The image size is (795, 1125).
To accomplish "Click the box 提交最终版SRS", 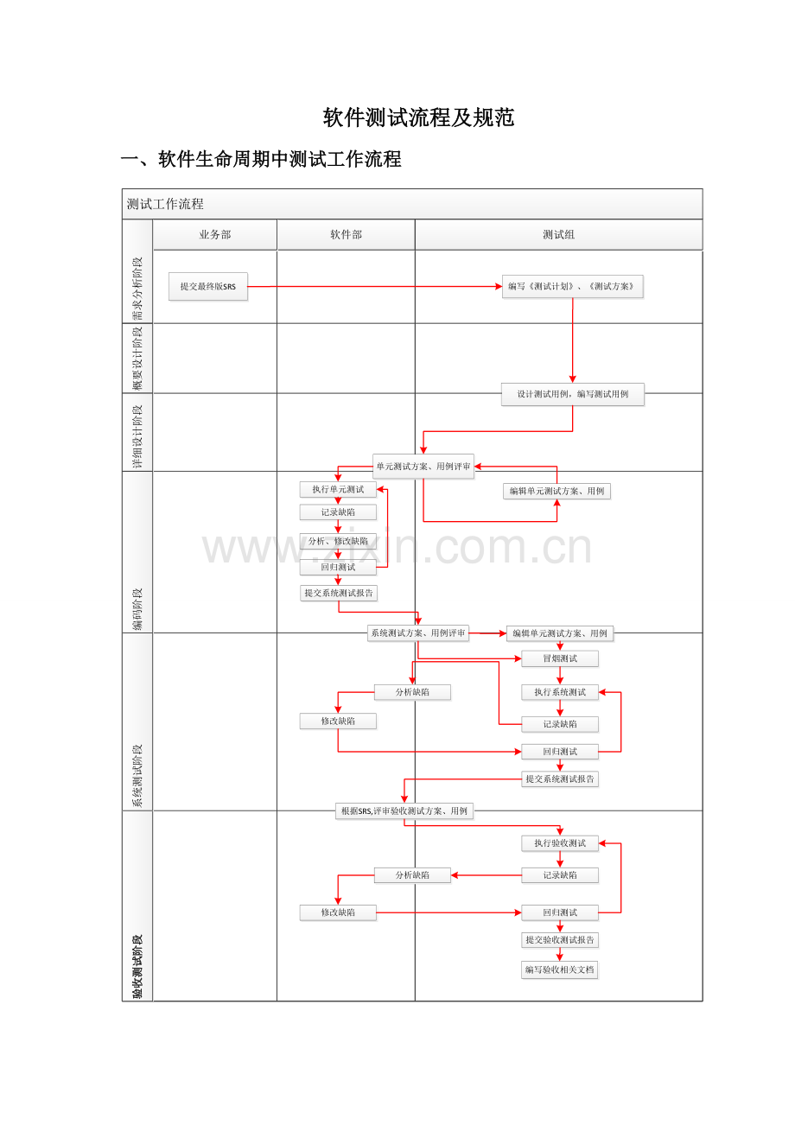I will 208,286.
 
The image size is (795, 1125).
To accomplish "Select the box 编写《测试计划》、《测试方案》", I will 572,286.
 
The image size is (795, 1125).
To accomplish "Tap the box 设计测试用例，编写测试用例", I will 572,394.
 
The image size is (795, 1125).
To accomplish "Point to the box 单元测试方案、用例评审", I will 423,467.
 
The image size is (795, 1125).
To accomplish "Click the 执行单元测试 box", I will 338,490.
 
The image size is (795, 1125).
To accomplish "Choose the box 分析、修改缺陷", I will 338,541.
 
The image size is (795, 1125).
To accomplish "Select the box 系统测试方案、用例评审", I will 418,633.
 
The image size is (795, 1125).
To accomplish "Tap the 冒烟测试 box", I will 560,658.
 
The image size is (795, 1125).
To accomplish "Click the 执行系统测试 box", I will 560,692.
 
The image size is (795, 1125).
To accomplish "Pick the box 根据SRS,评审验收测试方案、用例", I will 404,811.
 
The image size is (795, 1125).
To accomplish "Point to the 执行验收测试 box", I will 560,843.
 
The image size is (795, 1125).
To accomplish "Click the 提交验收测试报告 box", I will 560,939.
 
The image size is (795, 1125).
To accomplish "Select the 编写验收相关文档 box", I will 560,969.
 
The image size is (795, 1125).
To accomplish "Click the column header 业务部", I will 215,234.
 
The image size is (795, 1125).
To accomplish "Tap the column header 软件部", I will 346,234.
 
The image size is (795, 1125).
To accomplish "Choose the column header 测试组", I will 558,234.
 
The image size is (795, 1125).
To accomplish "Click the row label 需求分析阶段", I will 137,288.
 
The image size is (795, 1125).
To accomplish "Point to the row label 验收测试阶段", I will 137,966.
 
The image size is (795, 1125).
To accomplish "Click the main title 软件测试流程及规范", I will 418,118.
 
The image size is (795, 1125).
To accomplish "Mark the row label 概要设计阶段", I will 137,358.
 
